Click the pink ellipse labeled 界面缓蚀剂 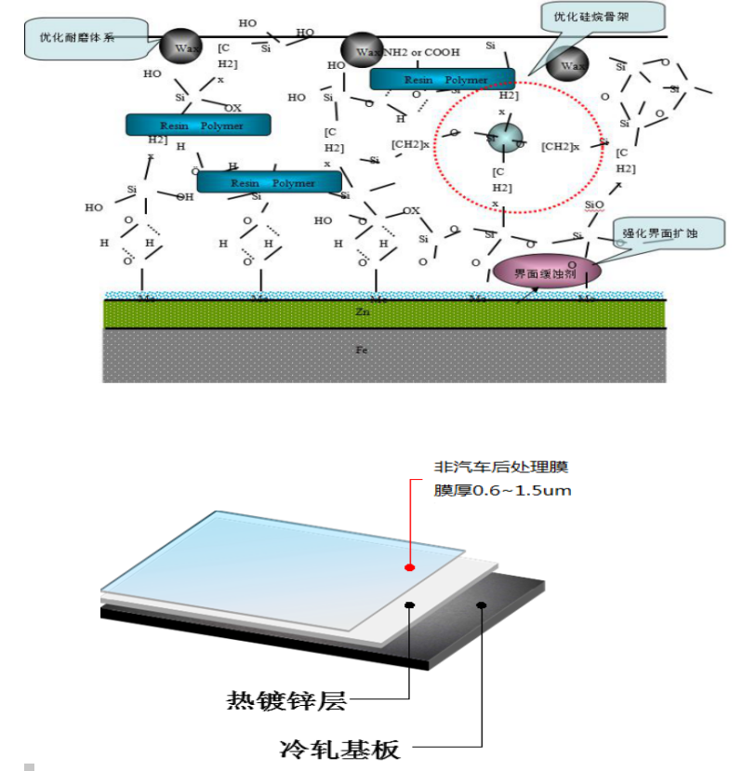pyautogui.click(x=547, y=272)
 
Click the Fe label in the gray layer pyautogui.click(x=363, y=351)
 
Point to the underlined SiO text pyautogui.click(x=592, y=204)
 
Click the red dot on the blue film pyautogui.click(x=409, y=566)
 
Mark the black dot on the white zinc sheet pyautogui.click(x=409, y=605)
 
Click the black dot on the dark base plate pyautogui.click(x=482, y=605)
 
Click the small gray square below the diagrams pyautogui.click(x=30, y=766)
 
